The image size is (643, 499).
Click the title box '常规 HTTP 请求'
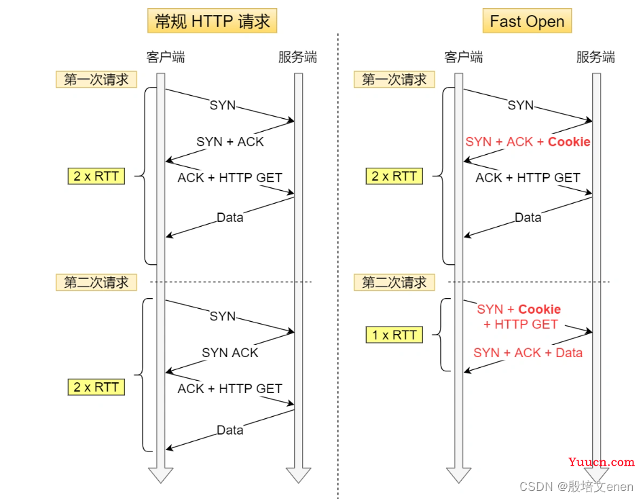pos(212,21)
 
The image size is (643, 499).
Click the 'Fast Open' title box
pos(527,21)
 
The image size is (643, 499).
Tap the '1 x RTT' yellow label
pos(394,335)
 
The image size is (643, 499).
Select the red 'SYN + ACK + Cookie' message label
pos(528,142)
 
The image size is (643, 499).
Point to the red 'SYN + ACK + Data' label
pos(528,352)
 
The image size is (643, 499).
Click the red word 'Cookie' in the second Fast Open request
pos(539,309)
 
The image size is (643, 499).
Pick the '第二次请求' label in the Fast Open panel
pos(394,282)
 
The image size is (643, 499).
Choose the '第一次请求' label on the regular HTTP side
pos(96,79)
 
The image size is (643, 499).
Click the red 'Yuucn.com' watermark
pos(602,462)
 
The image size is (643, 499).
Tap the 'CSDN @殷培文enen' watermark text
pos(576,486)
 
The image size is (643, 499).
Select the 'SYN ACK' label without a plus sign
pos(229,352)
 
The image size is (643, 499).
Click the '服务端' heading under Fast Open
pos(595,57)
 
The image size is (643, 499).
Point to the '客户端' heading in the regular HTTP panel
pos(166,57)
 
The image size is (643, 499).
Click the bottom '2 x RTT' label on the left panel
pos(96,387)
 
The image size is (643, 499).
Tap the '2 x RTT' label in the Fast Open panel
pos(394,177)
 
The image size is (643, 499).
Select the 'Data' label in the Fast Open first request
pos(528,217)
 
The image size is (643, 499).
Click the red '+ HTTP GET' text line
pos(520,325)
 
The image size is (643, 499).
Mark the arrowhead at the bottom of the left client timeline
pos(161,475)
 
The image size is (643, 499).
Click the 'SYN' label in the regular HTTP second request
pos(223,316)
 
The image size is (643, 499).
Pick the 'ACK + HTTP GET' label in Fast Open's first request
pos(528,178)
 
